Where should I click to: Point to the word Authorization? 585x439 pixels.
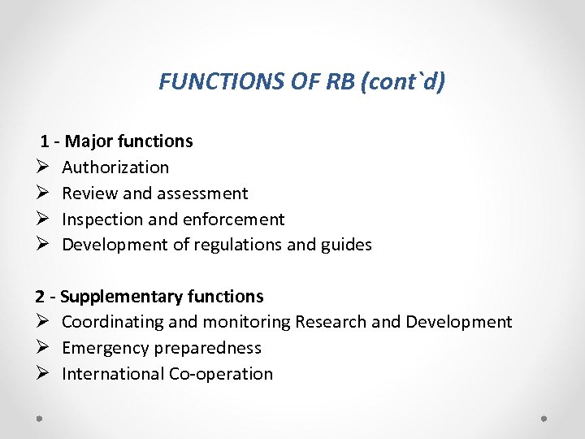[115, 167]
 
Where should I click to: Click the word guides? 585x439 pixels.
[345, 246]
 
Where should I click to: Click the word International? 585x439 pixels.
[113, 374]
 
